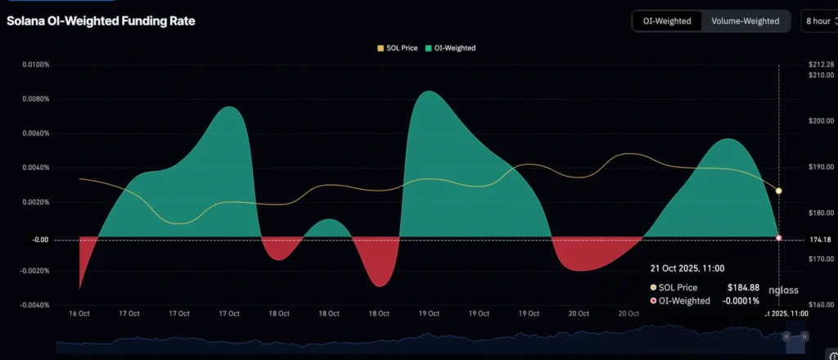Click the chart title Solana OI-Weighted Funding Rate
(101, 20)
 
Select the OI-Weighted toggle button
(668, 21)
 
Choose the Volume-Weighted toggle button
(745, 21)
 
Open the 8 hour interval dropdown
(818, 21)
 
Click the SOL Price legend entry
(398, 48)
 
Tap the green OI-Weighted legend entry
(453, 48)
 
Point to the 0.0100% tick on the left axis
(35, 65)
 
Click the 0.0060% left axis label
(35, 133)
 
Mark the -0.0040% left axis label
(34, 305)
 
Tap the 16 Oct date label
(79, 313)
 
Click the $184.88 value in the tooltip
(743, 287)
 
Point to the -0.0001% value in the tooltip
(740, 301)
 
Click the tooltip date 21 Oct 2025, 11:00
(687, 268)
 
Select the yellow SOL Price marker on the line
(778, 191)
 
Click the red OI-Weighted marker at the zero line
(778, 238)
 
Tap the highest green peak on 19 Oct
(428, 92)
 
